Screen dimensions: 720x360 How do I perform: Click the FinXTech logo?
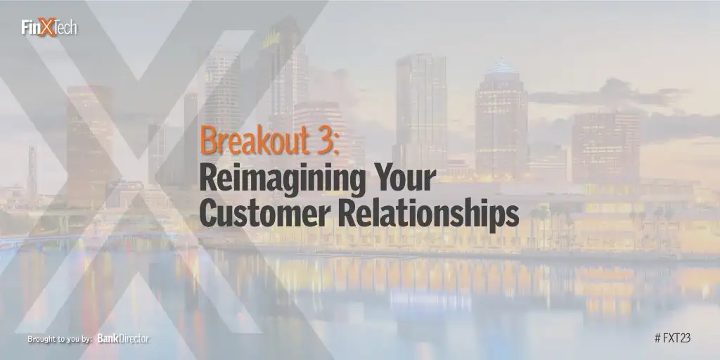point(49,27)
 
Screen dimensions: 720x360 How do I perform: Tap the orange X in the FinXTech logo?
point(47,27)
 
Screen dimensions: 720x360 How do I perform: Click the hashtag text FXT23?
point(672,338)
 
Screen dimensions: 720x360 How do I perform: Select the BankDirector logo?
point(124,339)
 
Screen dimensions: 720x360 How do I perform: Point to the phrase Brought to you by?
point(60,340)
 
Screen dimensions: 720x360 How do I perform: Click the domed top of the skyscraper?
point(501,67)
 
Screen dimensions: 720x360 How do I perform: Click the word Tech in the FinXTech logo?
point(67,27)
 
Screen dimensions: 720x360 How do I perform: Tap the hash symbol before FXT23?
point(657,338)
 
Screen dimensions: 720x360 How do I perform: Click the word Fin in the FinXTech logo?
point(30,27)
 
